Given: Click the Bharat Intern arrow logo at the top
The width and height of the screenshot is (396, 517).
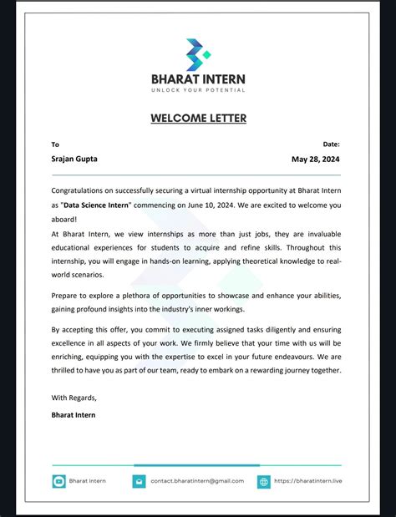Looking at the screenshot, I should (x=198, y=54).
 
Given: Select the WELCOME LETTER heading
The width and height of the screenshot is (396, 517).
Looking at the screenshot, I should (x=198, y=118).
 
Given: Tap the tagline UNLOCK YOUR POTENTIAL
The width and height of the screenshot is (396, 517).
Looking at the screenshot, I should (x=198, y=89).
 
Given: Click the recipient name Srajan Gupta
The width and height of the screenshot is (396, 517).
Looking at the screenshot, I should (x=74, y=159).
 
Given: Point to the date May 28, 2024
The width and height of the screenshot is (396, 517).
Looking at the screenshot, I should (x=316, y=159).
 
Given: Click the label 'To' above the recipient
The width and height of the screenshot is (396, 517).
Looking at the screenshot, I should (x=55, y=144).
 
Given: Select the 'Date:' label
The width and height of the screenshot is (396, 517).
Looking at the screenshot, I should (x=332, y=144).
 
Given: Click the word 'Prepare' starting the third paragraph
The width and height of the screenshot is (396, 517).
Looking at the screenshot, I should (x=67, y=296).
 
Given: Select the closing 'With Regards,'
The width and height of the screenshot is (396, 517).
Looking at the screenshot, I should (x=74, y=397).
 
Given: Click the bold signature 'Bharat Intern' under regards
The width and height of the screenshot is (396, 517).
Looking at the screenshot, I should (x=74, y=414).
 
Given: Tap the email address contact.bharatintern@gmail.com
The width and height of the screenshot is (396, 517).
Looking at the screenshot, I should (x=197, y=481).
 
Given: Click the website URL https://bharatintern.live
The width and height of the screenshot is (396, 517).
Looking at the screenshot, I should (x=308, y=481).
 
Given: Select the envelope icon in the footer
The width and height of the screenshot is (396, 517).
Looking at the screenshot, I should (x=139, y=481).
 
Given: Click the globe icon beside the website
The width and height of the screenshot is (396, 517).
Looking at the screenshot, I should (x=264, y=481).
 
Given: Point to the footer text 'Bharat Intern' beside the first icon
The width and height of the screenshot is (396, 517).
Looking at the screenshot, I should (x=88, y=481).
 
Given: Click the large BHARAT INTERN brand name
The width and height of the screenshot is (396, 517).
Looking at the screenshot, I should (x=198, y=79).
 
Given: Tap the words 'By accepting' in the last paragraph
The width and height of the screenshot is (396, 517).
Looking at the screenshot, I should (x=73, y=329).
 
